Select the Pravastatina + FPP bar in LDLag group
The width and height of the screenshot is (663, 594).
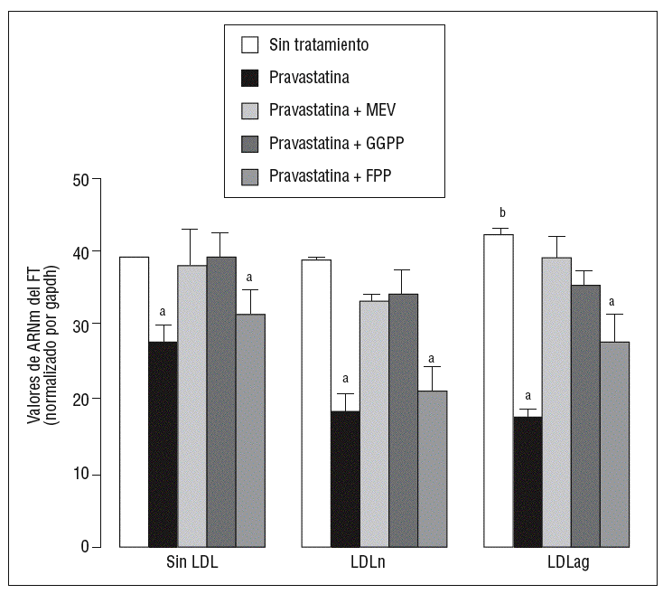pyautogui.click(x=614, y=444)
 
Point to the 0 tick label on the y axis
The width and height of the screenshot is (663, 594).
pyautogui.click(x=84, y=547)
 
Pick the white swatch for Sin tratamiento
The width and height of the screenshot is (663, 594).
pyautogui.click(x=249, y=44)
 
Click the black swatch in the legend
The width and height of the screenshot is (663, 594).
pyautogui.click(x=249, y=77)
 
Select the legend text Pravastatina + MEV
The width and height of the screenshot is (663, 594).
pyautogui.click(x=332, y=110)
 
